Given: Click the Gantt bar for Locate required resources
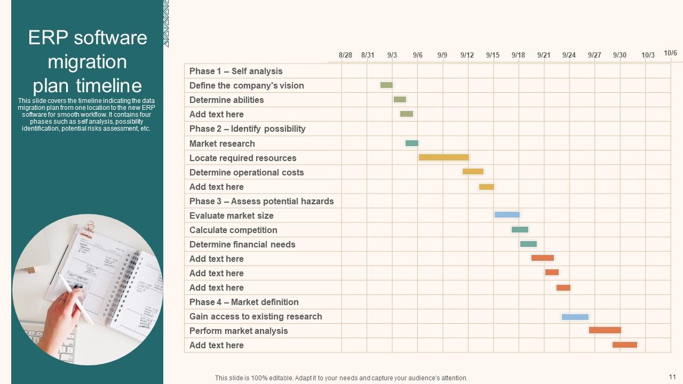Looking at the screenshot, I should [443, 157].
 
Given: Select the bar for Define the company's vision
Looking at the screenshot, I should [386, 85].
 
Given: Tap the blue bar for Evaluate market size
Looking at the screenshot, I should [506, 215].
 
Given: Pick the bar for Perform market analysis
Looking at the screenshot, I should [605, 330].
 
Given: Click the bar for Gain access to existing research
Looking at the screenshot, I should [575, 317].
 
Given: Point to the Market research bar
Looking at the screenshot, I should [411, 143].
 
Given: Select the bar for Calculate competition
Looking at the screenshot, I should [520, 230].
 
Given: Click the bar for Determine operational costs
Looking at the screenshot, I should [473, 172].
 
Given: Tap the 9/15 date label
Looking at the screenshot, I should [493, 55].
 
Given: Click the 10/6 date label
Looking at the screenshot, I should [670, 53].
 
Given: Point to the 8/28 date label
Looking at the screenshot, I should [345, 55].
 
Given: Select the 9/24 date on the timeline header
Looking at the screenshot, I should [569, 55].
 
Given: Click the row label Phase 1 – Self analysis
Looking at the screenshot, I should [236, 71].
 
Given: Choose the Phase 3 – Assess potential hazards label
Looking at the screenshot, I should [261, 201].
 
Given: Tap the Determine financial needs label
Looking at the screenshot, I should [242, 244].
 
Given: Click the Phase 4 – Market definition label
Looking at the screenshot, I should [244, 302].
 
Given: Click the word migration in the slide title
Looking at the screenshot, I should [87, 62].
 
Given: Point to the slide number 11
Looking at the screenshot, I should [672, 377].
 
